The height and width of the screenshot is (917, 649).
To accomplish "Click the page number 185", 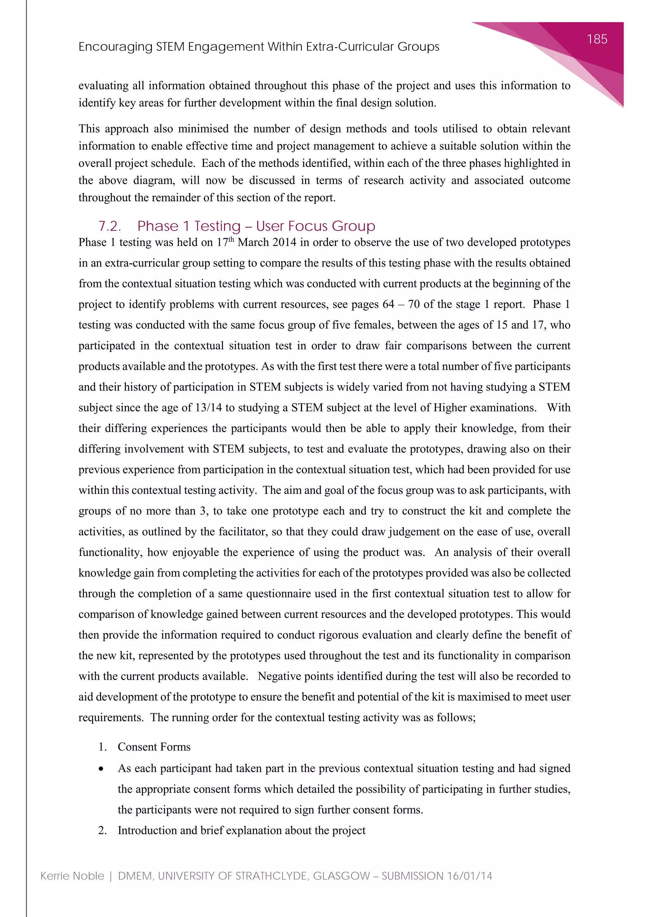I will [x=597, y=39].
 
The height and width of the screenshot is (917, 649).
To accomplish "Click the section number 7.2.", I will [x=110, y=226].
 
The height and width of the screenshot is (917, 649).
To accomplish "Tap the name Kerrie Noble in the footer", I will [x=72, y=876].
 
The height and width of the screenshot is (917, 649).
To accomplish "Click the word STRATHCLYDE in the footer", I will [x=272, y=876].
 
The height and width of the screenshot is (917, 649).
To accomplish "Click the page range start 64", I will [x=389, y=304].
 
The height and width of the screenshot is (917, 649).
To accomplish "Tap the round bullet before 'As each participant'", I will [x=101, y=769].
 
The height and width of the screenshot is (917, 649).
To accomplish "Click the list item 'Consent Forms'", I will [x=154, y=747].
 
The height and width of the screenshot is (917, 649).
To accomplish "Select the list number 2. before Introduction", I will [x=102, y=830].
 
